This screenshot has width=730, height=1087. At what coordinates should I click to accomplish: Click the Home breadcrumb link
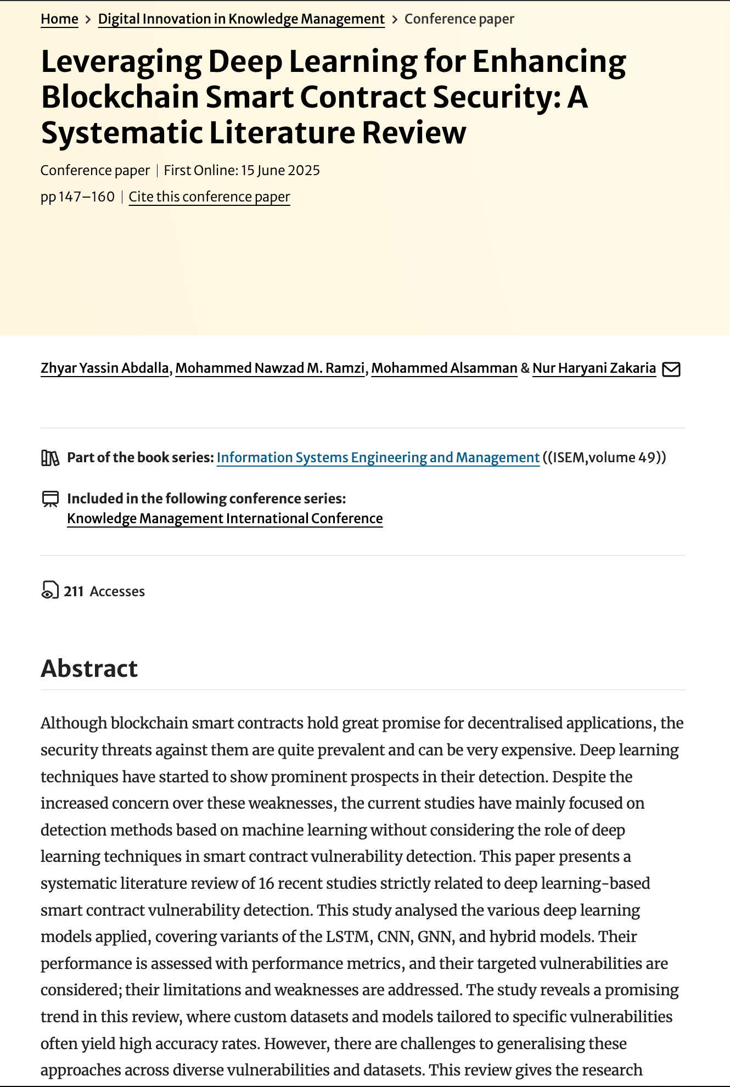click(x=59, y=19)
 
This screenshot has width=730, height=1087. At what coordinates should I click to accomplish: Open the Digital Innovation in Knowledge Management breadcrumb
click(x=241, y=19)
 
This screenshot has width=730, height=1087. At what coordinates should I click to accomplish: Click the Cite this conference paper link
click(x=209, y=197)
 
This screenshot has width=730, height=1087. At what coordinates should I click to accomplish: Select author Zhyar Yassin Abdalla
click(x=105, y=368)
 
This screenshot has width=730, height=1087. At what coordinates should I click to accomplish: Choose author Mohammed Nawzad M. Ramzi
click(x=270, y=368)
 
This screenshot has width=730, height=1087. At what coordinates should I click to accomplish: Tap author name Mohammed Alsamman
click(x=444, y=368)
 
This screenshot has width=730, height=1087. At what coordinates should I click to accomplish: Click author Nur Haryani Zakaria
click(x=594, y=368)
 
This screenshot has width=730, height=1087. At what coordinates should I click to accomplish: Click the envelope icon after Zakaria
click(x=671, y=369)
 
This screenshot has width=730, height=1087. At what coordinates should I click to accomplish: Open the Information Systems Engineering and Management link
click(x=378, y=458)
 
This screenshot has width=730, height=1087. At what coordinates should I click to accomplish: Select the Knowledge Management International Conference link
click(x=224, y=519)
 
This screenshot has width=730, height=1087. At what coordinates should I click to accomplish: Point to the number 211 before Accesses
click(x=74, y=592)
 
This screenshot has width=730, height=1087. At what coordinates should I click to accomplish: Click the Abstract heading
click(x=89, y=669)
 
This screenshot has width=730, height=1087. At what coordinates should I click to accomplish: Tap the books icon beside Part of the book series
click(x=50, y=458)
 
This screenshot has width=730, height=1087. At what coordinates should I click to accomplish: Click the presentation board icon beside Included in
click(x=50, y=499)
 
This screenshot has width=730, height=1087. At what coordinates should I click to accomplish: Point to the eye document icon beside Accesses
click(x=49, y=590)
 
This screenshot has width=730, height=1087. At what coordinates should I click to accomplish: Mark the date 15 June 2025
click(x=280, y=171)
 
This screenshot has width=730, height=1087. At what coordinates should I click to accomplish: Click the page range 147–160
click(x=86, y=197)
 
